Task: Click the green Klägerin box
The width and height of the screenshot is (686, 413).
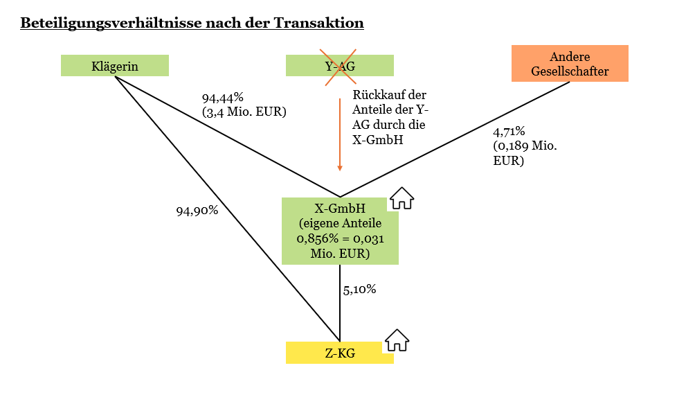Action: (x=115, y=66)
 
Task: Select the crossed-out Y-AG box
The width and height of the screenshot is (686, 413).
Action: (x=340, y=66)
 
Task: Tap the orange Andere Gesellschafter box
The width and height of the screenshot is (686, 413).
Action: (x=570, y=64)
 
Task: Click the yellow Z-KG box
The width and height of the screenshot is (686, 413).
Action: (x=340, y=353)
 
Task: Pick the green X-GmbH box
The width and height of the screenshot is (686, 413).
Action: (x=340, y=231)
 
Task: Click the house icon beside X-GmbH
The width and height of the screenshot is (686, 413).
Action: (x=401, y=199)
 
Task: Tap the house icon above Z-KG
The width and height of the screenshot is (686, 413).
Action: (x=397, y=340)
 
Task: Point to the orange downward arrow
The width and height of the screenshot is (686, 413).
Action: (x=340, y=135)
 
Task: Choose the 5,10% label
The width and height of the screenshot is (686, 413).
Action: (x=360, y=290)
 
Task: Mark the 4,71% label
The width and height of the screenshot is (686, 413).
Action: (x=509, y=132)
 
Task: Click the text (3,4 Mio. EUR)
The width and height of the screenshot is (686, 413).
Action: (x=244, y=112)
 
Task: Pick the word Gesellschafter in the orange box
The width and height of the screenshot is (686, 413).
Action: (x=570, y=71)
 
